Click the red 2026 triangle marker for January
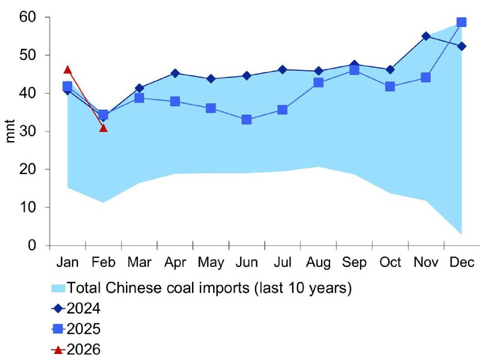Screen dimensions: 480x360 (x=68, y=70)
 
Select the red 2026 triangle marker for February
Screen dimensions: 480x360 (x=103, y=128)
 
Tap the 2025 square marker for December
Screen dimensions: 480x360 (x=461, y=22)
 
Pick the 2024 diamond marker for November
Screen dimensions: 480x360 (x=425, y=36)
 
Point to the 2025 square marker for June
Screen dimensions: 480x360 (x=247, y=119)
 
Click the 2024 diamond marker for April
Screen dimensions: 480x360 (x=175, y=73)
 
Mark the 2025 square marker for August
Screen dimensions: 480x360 (x=319, y=82)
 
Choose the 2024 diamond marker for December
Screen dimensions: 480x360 (x=461, y=47)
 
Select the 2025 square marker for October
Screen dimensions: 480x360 (x=390, y=86)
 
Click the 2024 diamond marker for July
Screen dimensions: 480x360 (x=282, y=70)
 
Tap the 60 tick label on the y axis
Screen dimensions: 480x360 (x=28, y=17)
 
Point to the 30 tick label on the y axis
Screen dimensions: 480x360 (x=28, y=131)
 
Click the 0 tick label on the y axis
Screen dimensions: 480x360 (x=32, y=245)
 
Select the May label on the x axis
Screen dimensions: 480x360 (x=211, y=263)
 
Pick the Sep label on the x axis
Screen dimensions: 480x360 (x=354, y=263)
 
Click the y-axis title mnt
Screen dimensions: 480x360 (x=10, y=131)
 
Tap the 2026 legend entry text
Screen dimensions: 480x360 (x=83, y=349)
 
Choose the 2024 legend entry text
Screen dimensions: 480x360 (x=83, y=308)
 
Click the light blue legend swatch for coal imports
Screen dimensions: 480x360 (x=58, y=288)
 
